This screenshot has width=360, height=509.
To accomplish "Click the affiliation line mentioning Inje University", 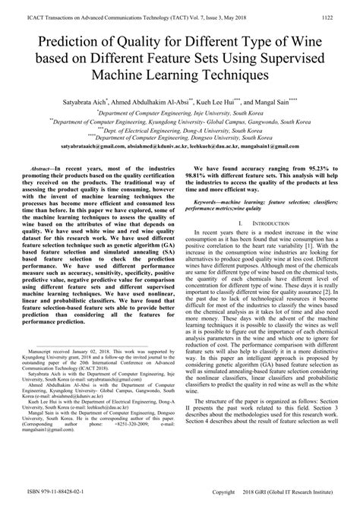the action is point(180,112).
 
